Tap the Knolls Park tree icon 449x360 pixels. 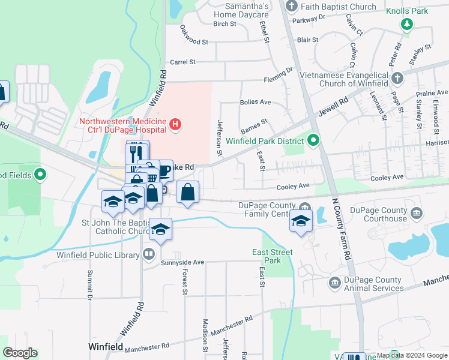click(408, 24)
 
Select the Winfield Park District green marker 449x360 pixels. click(313, 142)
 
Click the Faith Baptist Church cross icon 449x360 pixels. click(292, 7)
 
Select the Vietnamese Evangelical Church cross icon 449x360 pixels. click(397, 78)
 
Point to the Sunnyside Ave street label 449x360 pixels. click(182, 262)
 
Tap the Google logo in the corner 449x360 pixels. click(20, 353)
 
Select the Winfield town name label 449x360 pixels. click(106, 347)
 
